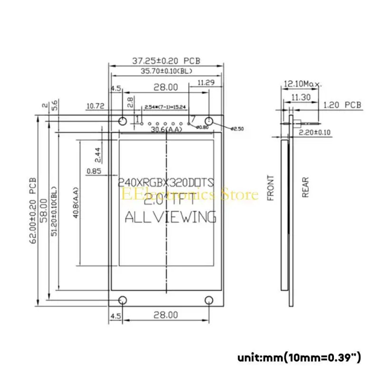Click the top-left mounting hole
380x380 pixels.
[122, 120]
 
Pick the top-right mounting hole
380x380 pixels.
[209, 120]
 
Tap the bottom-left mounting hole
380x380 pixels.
[122, 300]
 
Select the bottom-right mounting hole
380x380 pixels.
[209, 300]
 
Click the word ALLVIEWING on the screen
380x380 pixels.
[170, 218]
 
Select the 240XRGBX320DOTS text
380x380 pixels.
[166, 181]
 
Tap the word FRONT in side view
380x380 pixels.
[271, 188]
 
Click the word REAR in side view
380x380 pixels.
[305, 188]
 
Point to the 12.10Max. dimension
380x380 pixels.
[302, 84]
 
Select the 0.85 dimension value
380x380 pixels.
[94, 171]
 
